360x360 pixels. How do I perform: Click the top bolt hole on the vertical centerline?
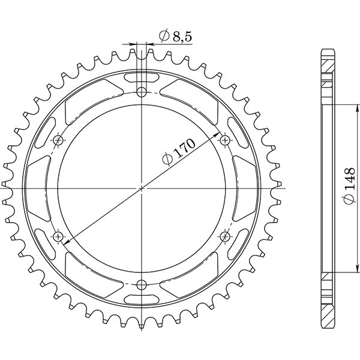coord(142,92)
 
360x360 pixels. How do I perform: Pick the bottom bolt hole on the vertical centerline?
coord(142,284)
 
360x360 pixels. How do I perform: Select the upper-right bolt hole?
coord(225,140)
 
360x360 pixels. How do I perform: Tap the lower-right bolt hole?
coord(225,236)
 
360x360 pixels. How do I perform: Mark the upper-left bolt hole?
coord(58,140)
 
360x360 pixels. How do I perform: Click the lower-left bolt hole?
coord(58,236)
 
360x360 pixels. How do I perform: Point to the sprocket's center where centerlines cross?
coord(142,188)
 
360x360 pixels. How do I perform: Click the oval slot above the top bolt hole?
coord(142,77)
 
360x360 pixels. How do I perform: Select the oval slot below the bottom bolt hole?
coord(142,299)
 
